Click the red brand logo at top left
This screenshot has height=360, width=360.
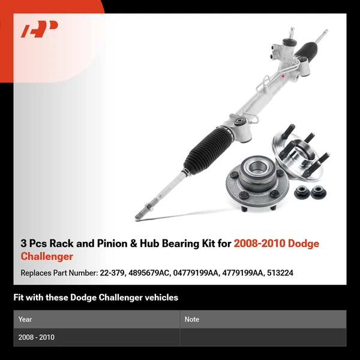(x=39, y=29)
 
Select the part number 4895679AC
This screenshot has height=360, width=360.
(x=149, y=273)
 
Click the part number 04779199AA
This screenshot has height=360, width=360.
(x=196, y=273)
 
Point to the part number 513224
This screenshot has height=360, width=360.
(x=280, y=273)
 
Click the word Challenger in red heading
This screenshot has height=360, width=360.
(x=47, y=256)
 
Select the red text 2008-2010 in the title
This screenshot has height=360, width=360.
(x=259, y=244)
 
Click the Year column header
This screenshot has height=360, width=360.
(x=25, y=319)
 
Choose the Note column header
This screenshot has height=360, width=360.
(x=192, y=319)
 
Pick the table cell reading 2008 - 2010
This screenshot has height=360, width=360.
(x=36, y=337)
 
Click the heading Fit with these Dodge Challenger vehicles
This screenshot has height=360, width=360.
(x=96, y=298)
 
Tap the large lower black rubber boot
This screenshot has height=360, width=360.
(x=208, y=150)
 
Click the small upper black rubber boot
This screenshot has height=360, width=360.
(x=306, y=50)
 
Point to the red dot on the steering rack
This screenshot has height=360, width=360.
(x=283, y=76)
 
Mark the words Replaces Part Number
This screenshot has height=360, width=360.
(x=59, y=273)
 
